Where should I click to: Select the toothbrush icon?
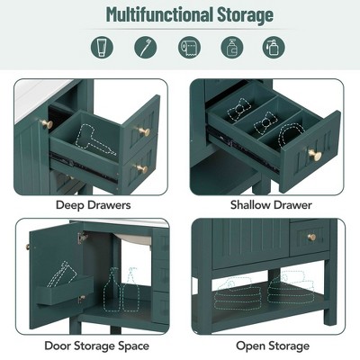click(x=142, y=47)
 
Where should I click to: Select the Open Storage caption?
click(x=273, y=346)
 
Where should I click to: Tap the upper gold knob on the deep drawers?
click(x=140, y=132)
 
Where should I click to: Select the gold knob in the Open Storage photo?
click(x=311, y=238)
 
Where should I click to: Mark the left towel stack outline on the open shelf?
click(x=237, y=290)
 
